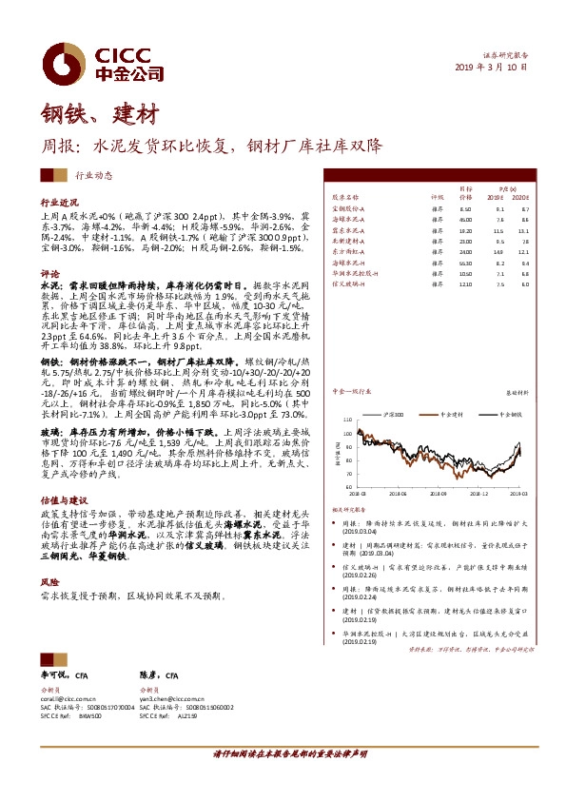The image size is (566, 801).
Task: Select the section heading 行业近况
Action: tap(58, 204)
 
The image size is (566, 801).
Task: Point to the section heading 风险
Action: tap(49, 579)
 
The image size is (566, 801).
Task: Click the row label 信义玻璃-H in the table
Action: tap(349, 284)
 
